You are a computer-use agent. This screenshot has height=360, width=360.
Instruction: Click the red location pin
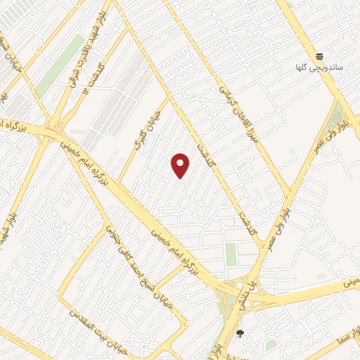(x=181, y=165)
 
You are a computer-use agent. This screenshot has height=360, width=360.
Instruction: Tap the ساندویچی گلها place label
(x=319, y=68)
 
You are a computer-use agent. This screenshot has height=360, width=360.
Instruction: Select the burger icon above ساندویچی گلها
(x=319, y=56)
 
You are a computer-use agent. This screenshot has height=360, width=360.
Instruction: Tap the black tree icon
(x=240, y=333)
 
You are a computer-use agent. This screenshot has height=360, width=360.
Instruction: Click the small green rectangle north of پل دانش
(x=231, y=255)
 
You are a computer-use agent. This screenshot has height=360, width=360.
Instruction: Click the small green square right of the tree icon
(x=271, y=345)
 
